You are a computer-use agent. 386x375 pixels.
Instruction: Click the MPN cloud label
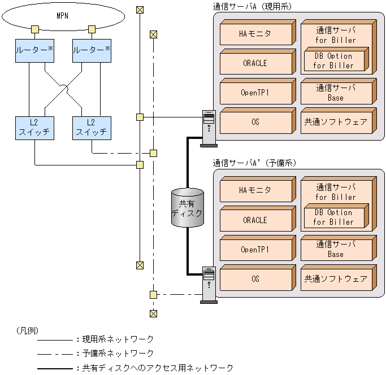62,16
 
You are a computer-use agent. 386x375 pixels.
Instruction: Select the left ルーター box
34,51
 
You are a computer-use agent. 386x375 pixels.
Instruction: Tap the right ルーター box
92,51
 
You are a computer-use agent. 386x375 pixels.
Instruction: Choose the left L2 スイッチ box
34,128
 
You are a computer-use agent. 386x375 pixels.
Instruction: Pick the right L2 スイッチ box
92,128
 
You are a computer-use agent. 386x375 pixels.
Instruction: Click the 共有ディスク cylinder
188,208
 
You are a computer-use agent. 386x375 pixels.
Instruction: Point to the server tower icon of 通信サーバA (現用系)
209,129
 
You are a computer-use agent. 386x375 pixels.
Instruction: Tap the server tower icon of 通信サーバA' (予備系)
209,285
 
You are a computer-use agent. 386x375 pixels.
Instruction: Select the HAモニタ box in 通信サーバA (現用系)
258,33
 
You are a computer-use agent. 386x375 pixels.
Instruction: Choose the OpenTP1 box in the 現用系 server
258,91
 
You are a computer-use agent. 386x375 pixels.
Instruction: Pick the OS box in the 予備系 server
258,278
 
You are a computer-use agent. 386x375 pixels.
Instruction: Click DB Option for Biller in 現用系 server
336,59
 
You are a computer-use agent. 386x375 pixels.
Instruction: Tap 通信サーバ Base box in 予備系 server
339,248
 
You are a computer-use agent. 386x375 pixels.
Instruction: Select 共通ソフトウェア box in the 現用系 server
339,121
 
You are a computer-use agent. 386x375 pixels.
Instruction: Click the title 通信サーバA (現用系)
252,6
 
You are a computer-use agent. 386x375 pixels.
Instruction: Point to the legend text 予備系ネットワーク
118,354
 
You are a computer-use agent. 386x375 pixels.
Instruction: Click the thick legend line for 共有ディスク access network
55,369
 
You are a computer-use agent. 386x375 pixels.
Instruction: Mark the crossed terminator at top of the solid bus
140,10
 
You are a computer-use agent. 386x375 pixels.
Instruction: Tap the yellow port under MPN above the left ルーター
35,29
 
